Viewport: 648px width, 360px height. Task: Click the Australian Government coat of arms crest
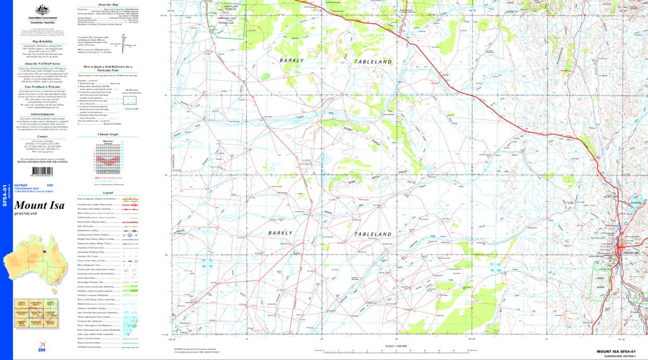[39, 10]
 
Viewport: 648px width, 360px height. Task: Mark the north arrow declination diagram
[124, 40]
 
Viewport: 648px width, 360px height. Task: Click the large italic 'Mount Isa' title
[39, 205]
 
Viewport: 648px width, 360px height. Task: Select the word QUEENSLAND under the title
[27, 214]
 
